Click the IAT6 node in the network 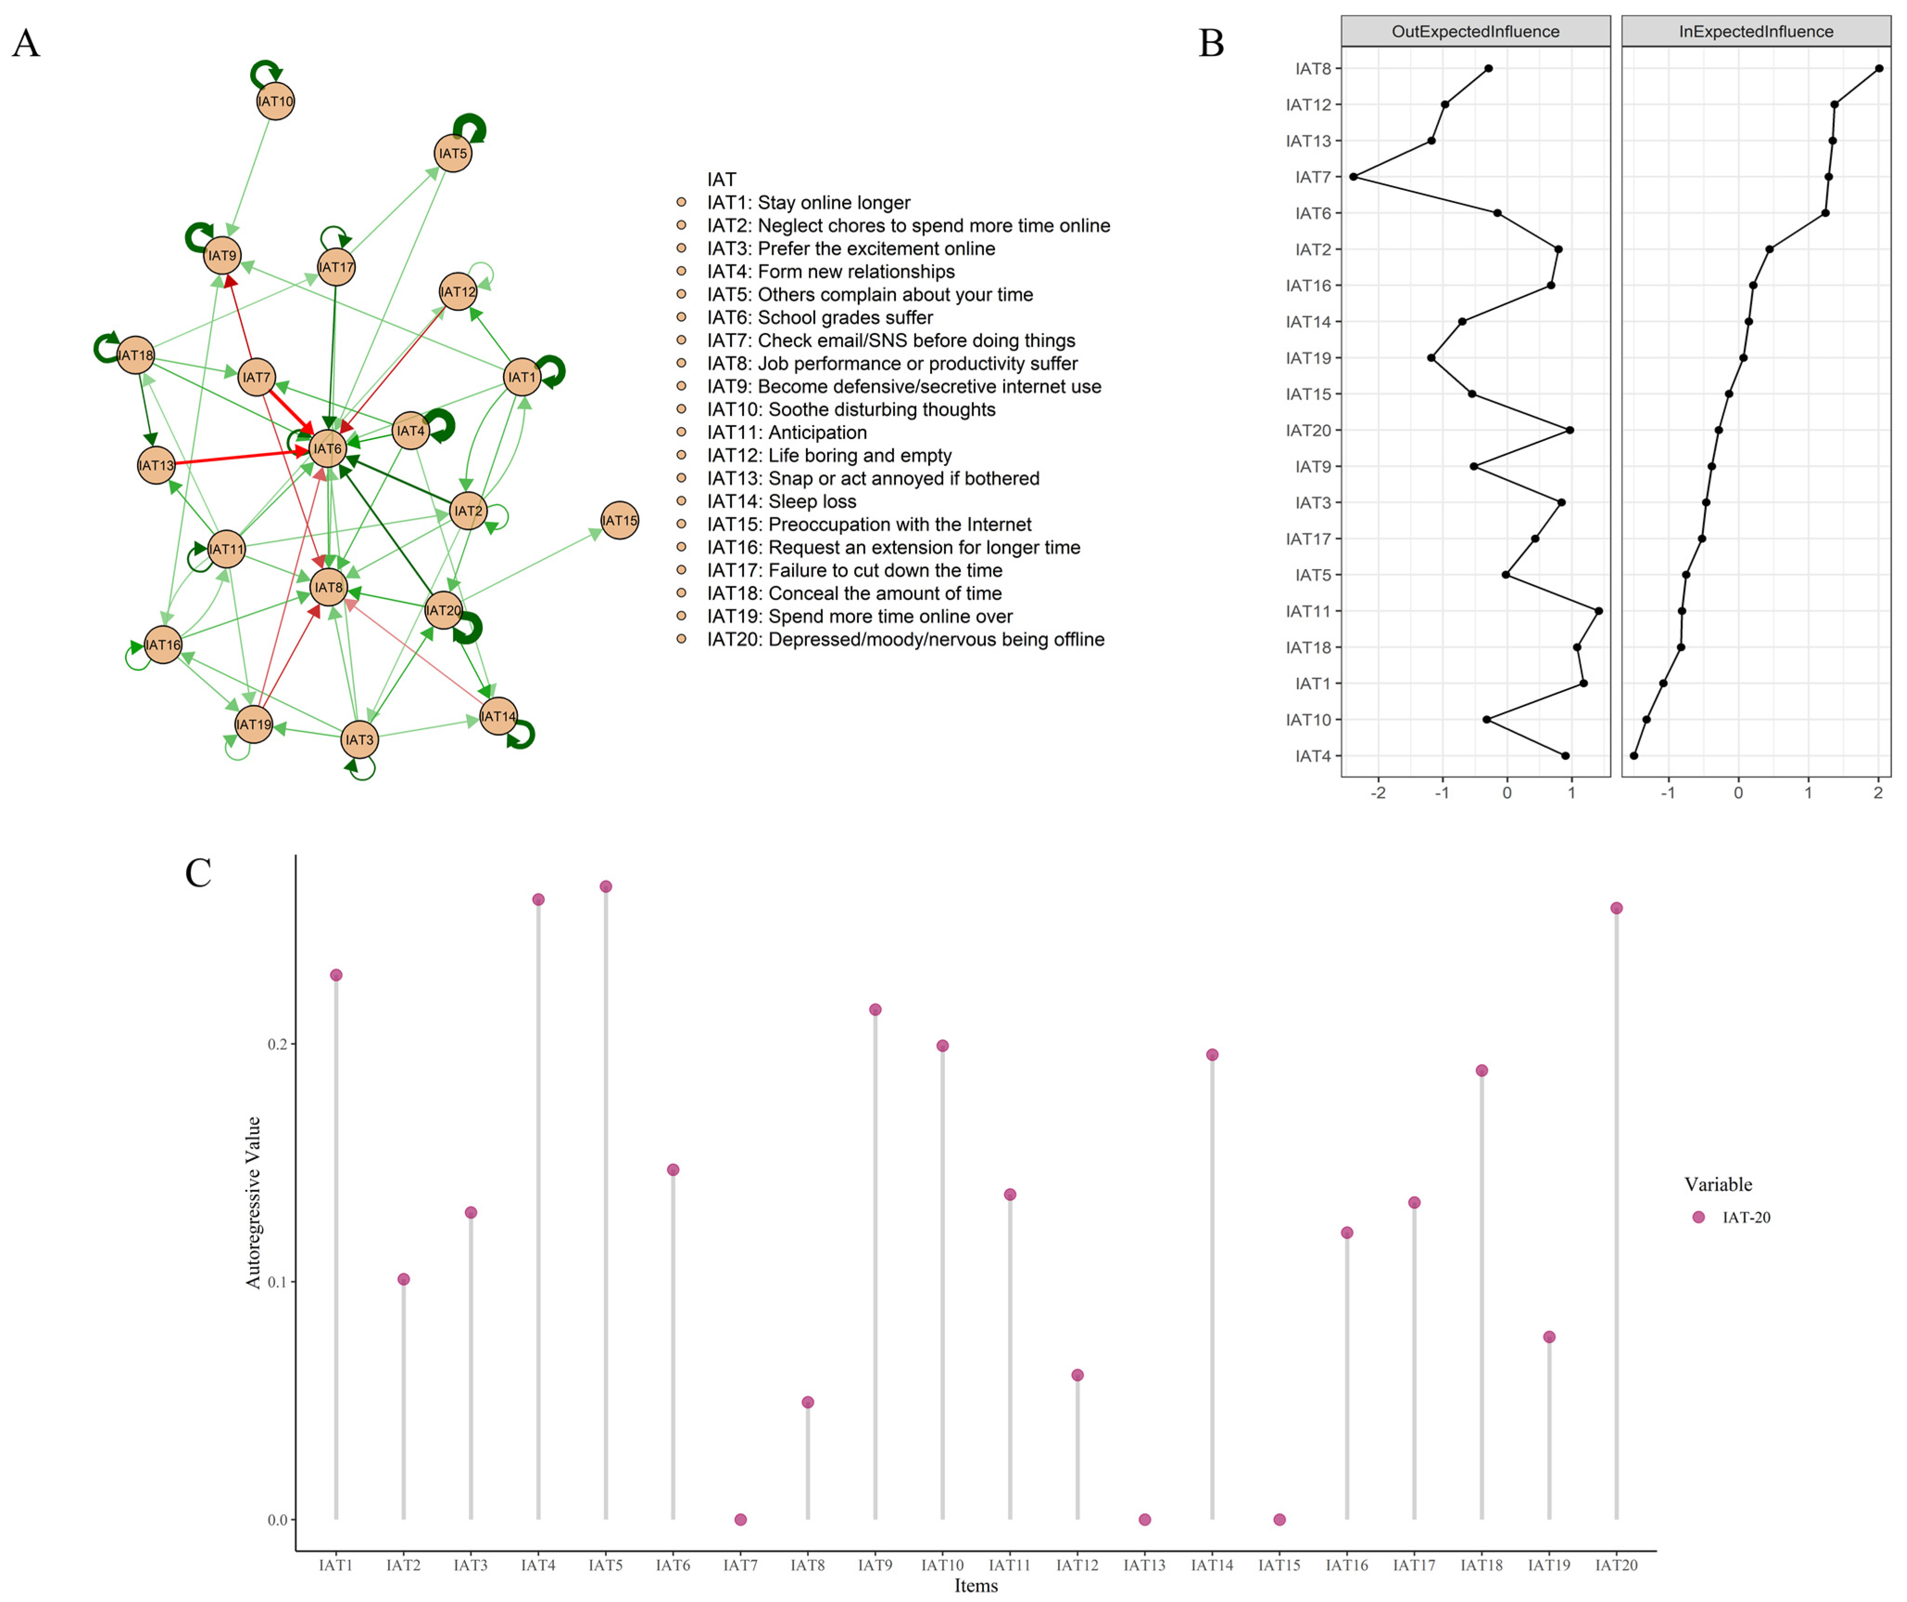point(328,449)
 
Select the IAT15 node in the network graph point(619,521)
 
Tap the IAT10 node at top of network point(275,101)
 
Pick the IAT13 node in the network point(156,465)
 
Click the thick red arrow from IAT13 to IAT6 point(236,457)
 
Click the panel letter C point(198,873)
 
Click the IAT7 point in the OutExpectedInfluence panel point(1353,177)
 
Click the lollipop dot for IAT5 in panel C point(606,886)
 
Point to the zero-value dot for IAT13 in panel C point(1144,1520)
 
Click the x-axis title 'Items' point(976,1586)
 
